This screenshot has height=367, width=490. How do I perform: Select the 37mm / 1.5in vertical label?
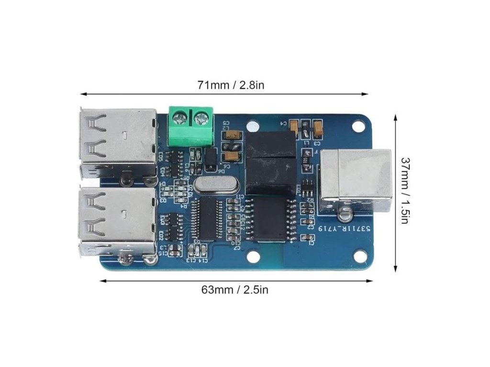click(x=405, y=191)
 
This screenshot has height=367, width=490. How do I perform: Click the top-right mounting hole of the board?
click(x=358, y=127)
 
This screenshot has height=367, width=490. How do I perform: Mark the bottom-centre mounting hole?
click(x=254, y=257)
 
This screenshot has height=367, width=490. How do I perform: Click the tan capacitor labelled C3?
click(x=317, y=128)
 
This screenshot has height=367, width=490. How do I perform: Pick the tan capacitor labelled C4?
click(x=295, y=127)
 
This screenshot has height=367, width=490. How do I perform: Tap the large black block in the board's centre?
click(x=271, y=162)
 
